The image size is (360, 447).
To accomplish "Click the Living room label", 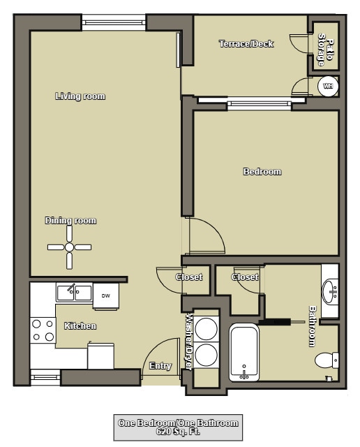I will pos(80,96).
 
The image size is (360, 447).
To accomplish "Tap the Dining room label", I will pos(70,221).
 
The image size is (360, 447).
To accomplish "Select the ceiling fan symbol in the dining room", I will pos(69,247).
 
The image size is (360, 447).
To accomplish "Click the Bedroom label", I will pos(262,172).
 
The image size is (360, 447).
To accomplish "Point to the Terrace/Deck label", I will pos(246,44).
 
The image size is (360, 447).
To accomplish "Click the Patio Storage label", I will pos(324,50).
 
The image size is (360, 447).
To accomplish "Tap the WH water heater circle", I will pos(327,86).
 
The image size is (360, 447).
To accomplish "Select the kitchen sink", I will pos(74,291).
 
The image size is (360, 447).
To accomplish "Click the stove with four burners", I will pos(43,330).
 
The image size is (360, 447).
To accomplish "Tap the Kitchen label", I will pos(80,326).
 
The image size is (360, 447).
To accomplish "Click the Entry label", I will pos(160,366).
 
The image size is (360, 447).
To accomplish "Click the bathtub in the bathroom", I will pos(244,353).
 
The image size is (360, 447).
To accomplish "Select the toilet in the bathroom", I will pos(327,360).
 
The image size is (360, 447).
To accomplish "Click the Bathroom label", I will pos(313,326).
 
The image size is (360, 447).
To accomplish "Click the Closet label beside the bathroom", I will pos(245,277).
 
